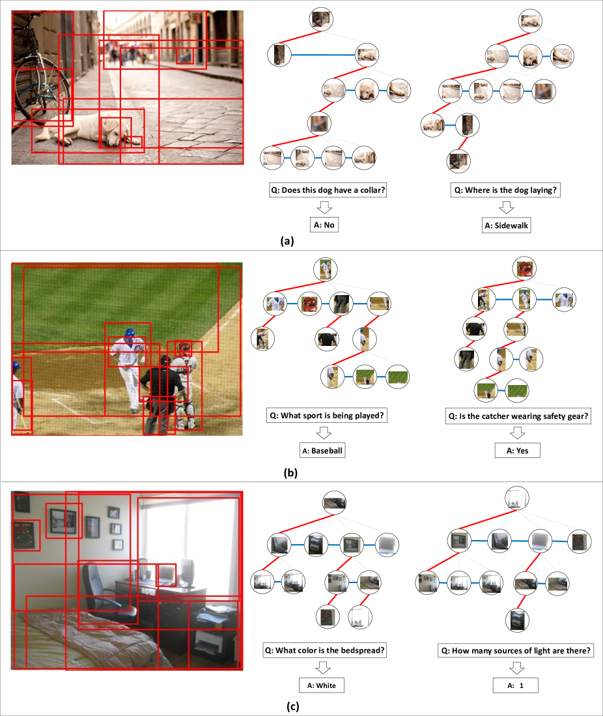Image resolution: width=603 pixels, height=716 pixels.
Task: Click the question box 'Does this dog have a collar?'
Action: [328, 190]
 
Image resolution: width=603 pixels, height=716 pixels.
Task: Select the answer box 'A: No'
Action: [324, 225]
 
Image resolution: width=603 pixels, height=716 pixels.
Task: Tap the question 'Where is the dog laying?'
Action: [505, 190]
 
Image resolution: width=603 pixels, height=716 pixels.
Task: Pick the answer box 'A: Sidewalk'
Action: [507, 225]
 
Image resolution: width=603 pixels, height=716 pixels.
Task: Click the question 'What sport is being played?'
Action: [327, 416]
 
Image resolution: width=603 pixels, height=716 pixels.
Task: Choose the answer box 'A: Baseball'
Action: [322, 451]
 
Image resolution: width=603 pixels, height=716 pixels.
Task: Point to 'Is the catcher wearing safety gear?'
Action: [518, 416]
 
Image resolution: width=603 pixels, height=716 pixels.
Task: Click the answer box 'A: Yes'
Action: [517, 451]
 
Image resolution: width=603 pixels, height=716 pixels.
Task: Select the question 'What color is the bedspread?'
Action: [324, 650]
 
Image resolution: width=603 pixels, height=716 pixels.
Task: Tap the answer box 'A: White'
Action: [321, 685]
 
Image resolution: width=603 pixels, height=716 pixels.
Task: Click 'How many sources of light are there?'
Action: [516, 650]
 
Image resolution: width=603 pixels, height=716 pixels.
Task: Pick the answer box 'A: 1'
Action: [515, 685]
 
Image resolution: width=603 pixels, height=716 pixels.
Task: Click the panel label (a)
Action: [287, 240]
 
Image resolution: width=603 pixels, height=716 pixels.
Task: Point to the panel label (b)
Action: [290, 472]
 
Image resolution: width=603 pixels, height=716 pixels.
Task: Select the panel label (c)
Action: [292, 706]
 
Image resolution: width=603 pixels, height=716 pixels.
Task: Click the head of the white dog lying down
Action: [114, 132]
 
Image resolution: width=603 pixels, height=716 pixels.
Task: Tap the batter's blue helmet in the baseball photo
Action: [130, 334]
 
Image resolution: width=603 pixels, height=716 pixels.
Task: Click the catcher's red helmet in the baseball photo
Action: [184, 349]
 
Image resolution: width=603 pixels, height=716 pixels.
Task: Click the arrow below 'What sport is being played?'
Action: [324, 433]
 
